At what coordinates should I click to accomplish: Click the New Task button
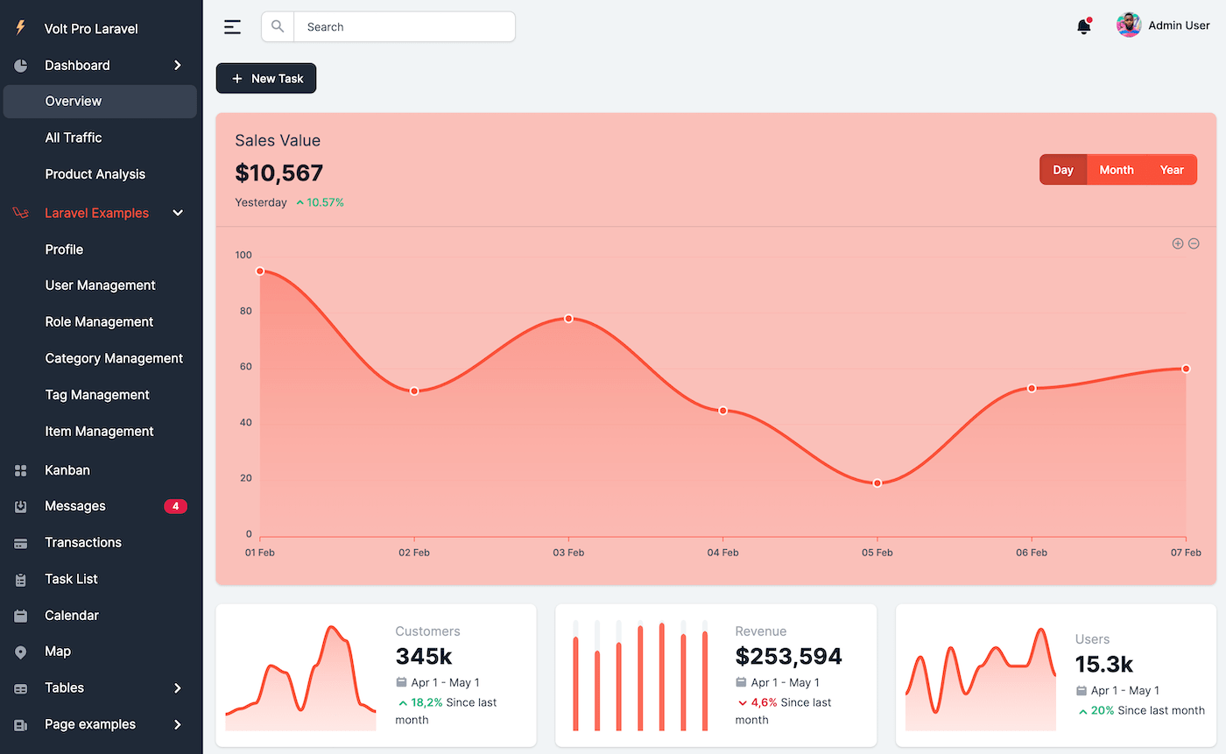coord(266,79)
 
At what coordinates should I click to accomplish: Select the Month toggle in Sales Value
coord(1117,170)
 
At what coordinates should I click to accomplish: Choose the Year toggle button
coord(1172,170)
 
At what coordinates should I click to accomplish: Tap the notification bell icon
coord(1084,27)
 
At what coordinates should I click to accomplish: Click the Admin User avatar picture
coord(1129,25)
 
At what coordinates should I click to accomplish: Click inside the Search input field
coord(403,27)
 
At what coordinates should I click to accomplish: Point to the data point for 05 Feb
coord(877,483)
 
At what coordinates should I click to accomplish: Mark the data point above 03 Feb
coord(568,319)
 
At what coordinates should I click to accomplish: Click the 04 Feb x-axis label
coord(722,553)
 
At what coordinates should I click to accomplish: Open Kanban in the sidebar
coord(67,470)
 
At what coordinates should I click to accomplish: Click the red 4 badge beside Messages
coord(175,506)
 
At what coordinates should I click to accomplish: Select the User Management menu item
coord(100,285)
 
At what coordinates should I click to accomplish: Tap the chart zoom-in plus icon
coord(1178,243)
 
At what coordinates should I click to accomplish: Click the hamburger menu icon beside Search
coord(232,27)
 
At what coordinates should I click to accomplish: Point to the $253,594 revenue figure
coord(788,656)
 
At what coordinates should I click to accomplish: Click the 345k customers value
coord(424,656)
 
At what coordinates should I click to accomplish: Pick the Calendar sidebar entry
coord(72,616)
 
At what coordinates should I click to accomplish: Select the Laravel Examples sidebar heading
coord(96,213)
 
